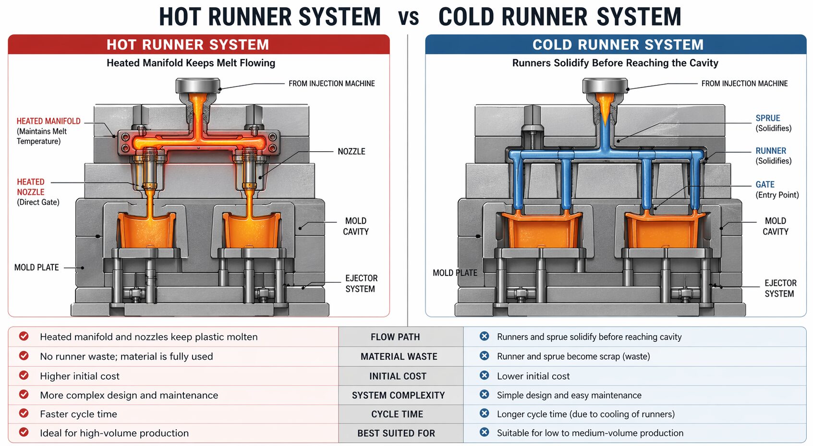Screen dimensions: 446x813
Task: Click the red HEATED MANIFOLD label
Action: click(x=49, y=121)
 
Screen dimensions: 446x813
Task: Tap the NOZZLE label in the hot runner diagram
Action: click(x=351, y=151)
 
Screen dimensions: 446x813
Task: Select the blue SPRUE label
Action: click(x=767, y=118)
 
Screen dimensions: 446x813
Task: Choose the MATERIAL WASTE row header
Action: click(x=399, y=357)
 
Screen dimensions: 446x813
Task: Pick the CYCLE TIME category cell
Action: click(x=397, y=414)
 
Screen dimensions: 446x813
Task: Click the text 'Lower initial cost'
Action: click(x=533, y=376)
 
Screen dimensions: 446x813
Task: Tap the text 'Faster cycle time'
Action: click(x=78, y=414)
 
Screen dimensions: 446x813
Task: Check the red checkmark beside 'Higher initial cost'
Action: click(x=24, y=375)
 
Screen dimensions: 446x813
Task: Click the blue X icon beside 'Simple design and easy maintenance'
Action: click(x=484, y=395)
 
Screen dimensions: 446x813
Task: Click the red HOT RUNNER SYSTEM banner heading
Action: click(x=187, y=45)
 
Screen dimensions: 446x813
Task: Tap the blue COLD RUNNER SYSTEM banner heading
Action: click(x=618, y=45)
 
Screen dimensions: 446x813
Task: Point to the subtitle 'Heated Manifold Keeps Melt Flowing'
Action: click(x=191, y=63)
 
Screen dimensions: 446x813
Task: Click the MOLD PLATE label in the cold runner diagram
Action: click(x=454, y=273)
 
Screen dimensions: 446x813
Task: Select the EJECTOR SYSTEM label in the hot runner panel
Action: click(x=361, y=284)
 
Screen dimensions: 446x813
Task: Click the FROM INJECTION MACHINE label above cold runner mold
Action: click(x=744, y=84)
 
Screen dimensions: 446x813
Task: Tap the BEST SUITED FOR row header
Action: click(x=396, y=434)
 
